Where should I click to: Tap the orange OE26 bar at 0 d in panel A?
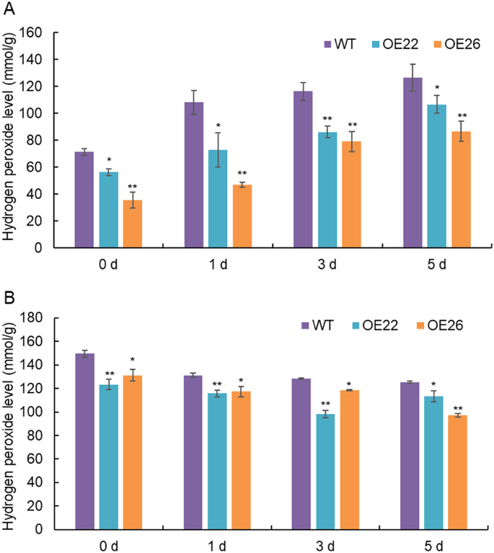[x=132, y=224]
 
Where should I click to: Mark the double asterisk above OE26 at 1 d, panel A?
[x=242, y=173]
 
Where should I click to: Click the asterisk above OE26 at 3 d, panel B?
[x=350, y=384]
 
